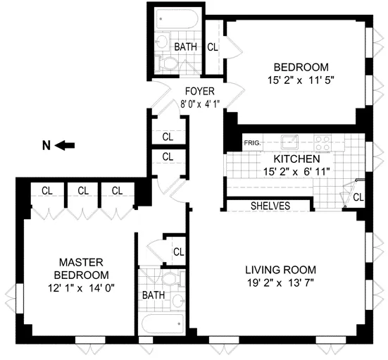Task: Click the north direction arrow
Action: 65,146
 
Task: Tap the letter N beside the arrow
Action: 46,146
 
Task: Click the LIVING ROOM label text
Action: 280,270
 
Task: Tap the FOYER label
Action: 200,92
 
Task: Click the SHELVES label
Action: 271,206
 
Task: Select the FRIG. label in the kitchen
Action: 253,143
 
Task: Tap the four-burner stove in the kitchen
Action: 323,141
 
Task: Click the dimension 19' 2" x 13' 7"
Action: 280,283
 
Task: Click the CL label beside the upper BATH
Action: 213,47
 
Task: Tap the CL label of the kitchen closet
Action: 358,196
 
